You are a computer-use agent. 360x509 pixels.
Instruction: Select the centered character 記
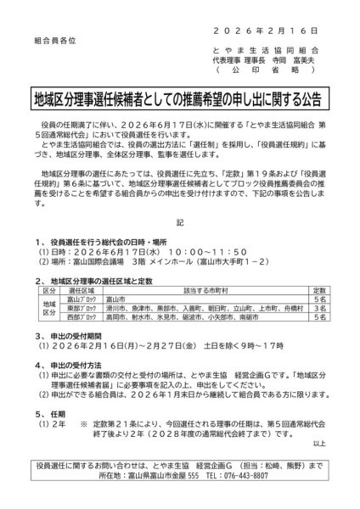[x=179, y=222]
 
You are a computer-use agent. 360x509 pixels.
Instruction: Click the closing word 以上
[x=318, y=444]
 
